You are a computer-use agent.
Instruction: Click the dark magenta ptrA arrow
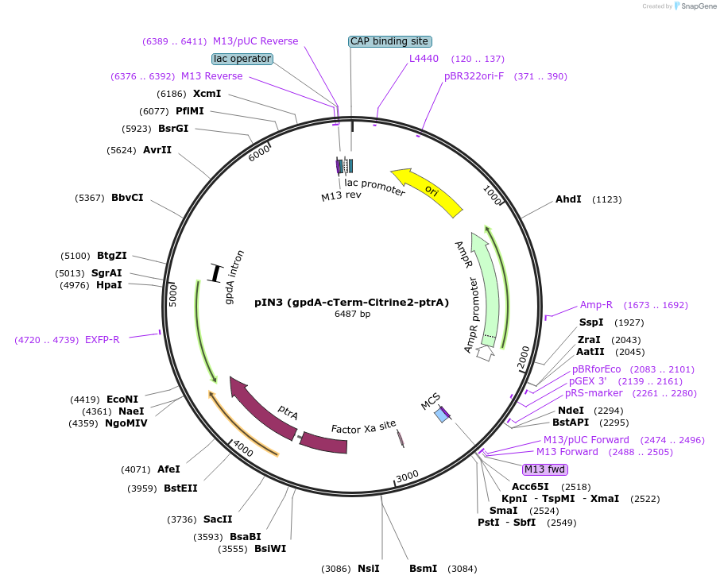[x=262, y=407]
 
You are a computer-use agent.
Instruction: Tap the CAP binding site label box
[x=389, y=41]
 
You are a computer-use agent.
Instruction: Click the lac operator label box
[x=242, y=59]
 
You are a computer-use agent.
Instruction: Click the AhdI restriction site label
[x=568, y=199]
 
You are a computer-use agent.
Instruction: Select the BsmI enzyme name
[x=423, y=569]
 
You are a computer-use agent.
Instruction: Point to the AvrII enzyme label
[x=157, y=150]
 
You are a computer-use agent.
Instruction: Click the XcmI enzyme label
[x=207, y=94]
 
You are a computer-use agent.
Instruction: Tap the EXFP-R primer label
[x=103, y=340]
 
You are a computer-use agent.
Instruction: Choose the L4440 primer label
[x=424, y=59]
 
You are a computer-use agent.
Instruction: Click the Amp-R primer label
[x=596, y=305]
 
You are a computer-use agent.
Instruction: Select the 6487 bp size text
[x=352, y=315]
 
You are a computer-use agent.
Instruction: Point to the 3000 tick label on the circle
[x=407, y=476]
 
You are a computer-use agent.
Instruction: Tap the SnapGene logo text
[x=695, y=6]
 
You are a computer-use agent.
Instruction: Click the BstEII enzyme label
[x=180, y=488]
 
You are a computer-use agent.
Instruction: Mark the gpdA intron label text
[x=235, y=277]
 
